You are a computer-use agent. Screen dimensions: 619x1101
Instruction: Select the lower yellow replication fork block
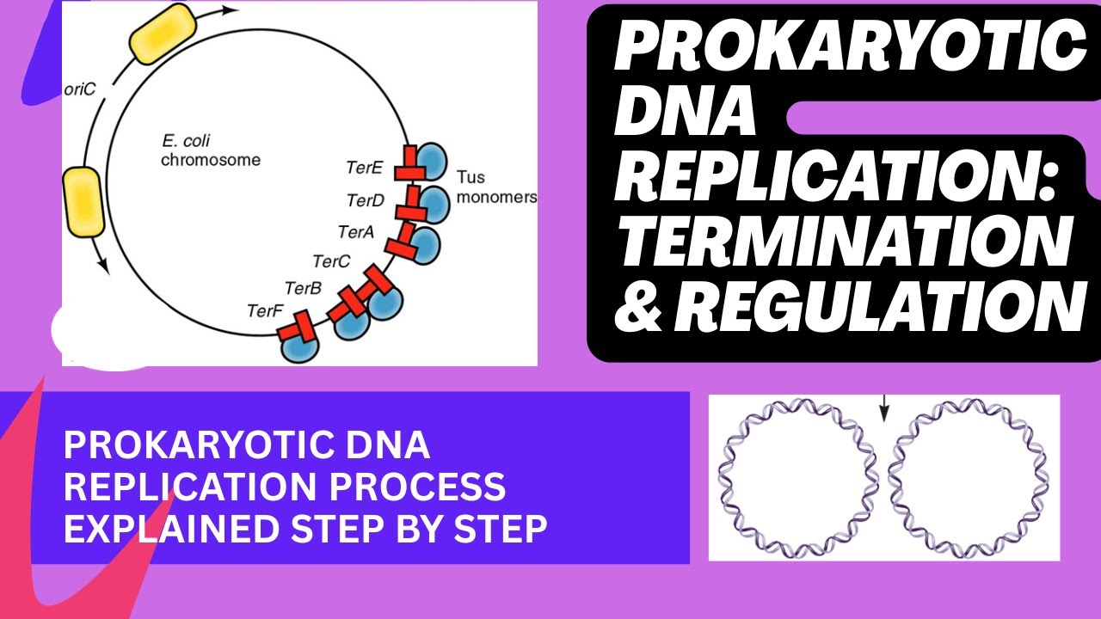click(84, 201)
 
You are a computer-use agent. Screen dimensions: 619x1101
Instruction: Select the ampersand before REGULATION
click(641, 306)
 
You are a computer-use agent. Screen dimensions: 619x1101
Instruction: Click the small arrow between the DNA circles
click(883, 410)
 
